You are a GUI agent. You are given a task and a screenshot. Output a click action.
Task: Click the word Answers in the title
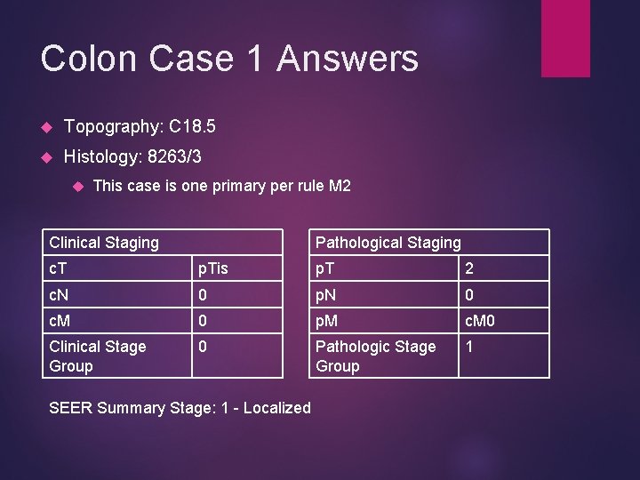click(348, 59)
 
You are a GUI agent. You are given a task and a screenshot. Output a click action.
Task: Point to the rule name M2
click(339, 186)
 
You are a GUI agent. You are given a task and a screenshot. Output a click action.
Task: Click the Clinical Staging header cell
click(104, 243)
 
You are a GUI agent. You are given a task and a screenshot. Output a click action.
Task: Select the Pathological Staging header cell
click(388, 243)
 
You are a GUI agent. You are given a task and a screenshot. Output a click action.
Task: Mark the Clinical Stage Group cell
click(98, 356)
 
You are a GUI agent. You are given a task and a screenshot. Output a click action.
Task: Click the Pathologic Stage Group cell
click(376, 356)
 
